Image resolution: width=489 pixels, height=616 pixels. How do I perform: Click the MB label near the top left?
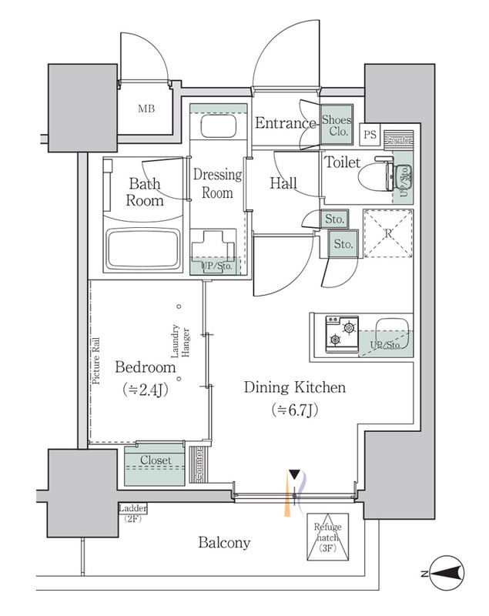(x=146, y=109)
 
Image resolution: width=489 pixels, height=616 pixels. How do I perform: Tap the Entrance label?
(x=286, y=123)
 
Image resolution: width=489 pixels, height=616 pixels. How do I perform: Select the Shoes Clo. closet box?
(x=337, y=126)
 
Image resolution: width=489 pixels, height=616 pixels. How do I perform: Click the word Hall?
(x=283, y=183)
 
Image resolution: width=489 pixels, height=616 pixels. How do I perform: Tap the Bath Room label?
(x=146, y=192)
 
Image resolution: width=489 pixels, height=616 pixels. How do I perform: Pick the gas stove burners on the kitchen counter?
(x=340, y=333)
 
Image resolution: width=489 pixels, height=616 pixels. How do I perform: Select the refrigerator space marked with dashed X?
(x=389, y=233)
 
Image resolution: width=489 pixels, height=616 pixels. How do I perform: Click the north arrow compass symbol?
(x=445, y=573)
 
